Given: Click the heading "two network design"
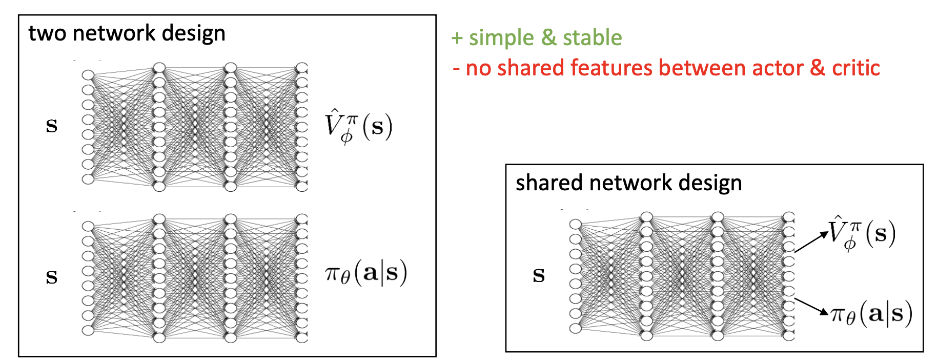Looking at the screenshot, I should tap(127, 33).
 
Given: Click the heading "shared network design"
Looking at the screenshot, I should tap(628, 183).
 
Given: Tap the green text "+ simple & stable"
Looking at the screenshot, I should tap(537, 38).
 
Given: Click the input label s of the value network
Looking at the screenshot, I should tap(51, 126).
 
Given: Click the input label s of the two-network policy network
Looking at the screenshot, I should tap(51, 277).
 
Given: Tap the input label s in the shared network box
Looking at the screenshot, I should tap(538, 275).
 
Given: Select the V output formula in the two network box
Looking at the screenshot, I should tap(358, 126).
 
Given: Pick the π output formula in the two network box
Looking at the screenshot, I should tap(366, 273).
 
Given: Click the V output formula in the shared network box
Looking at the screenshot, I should tap(862, 233).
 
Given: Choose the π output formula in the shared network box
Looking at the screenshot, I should tap(871, 314).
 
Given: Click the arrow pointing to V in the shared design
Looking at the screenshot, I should tap(811, 242).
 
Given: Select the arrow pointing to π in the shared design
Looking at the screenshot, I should tap(811, 306).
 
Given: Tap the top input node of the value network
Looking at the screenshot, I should tap(88, 75).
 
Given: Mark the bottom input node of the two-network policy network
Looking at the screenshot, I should tap(88, 330).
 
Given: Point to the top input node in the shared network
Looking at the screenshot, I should tap(576, 224).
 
